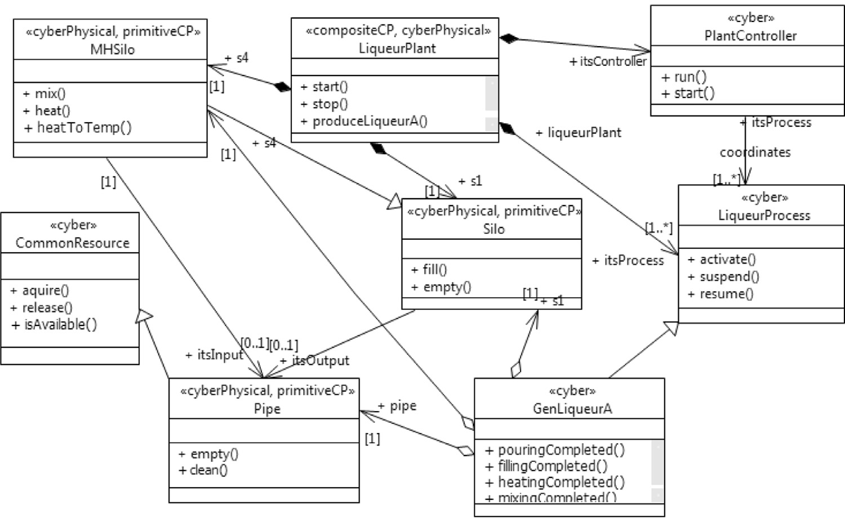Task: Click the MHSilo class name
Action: click(x=112, y=50)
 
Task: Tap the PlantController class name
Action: click(x=750, y=36)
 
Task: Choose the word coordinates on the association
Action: click(x=755, y=152)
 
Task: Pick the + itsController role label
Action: click(x=608, y=61)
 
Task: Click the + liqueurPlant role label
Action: click(x=578, y=133)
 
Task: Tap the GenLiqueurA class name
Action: click(x=572, y=409)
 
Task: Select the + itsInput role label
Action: click(x=214, y=355)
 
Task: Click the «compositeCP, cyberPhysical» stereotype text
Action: click(x=398, y=30)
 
